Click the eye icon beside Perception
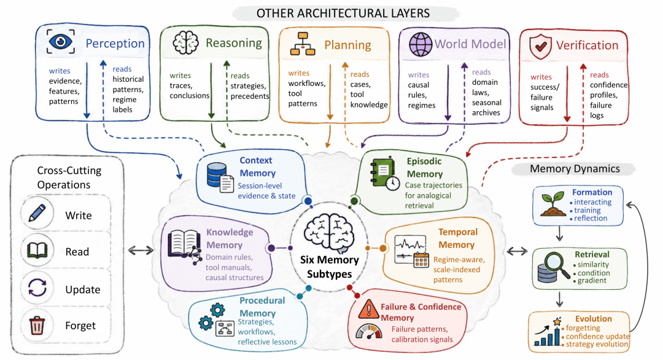click(x=61, y=41)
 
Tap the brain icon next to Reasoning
click(x=185, y=42)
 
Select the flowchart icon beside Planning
click(x=303, y=44)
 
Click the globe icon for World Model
click(x=421, y=44)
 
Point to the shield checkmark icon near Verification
click(x=540, y=47)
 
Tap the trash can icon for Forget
click(x=37, y=326)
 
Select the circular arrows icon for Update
click(x=37, y=289)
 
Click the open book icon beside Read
click(x=37, y=251)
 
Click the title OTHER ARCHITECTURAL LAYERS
click(x=343, y=14)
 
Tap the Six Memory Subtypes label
click(x=330, y=267)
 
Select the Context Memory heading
click(x=257, y=166)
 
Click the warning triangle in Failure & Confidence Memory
click(x=368, y=309)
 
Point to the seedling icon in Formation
click(x=553, y=203)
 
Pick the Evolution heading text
click(x=593, y=319)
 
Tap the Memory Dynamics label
click(x=575, y=169)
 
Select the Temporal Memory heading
click(x=457, y=238)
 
